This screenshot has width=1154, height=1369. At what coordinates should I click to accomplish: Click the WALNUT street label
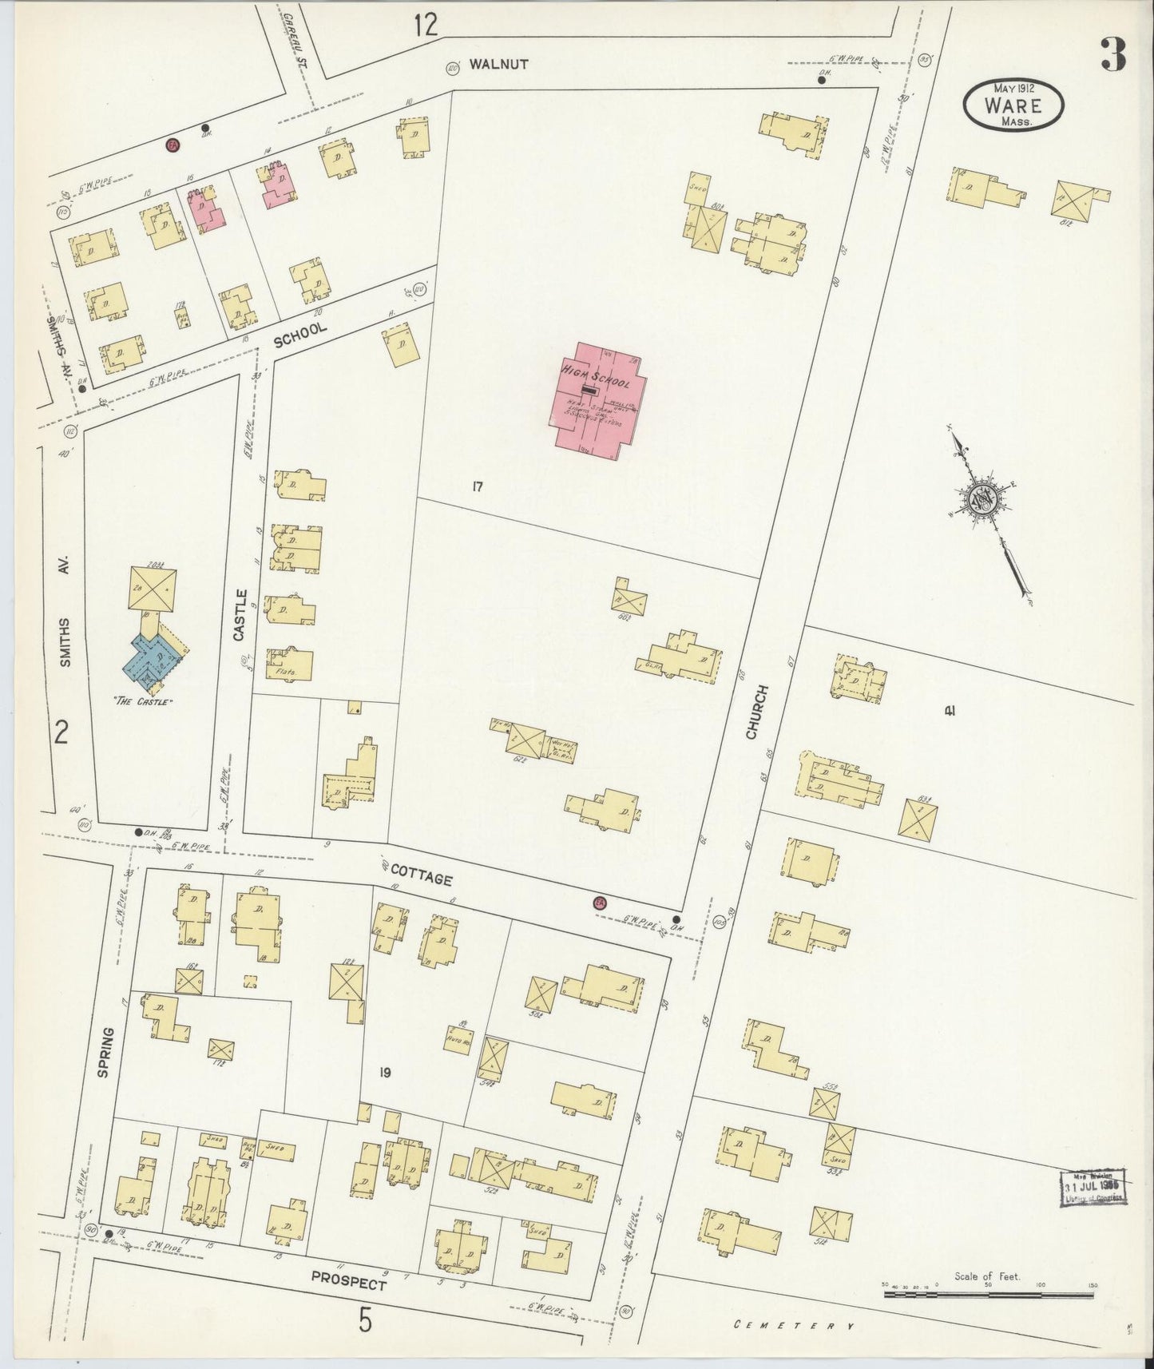point(498,64)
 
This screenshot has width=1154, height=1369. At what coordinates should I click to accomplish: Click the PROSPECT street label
point(348,1280)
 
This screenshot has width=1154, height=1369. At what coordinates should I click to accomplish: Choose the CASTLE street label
point(240,615)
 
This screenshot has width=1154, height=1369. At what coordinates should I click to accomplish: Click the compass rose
point(981,501)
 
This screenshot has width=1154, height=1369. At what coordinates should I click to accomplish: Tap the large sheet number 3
point(1112,54)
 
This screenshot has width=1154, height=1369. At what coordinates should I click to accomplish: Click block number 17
point(477,486)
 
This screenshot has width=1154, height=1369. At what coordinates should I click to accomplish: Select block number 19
point(385,1072)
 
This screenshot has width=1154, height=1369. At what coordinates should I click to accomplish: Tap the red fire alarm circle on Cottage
point(599,903)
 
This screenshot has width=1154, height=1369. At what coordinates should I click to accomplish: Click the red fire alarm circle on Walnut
point(171,145)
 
